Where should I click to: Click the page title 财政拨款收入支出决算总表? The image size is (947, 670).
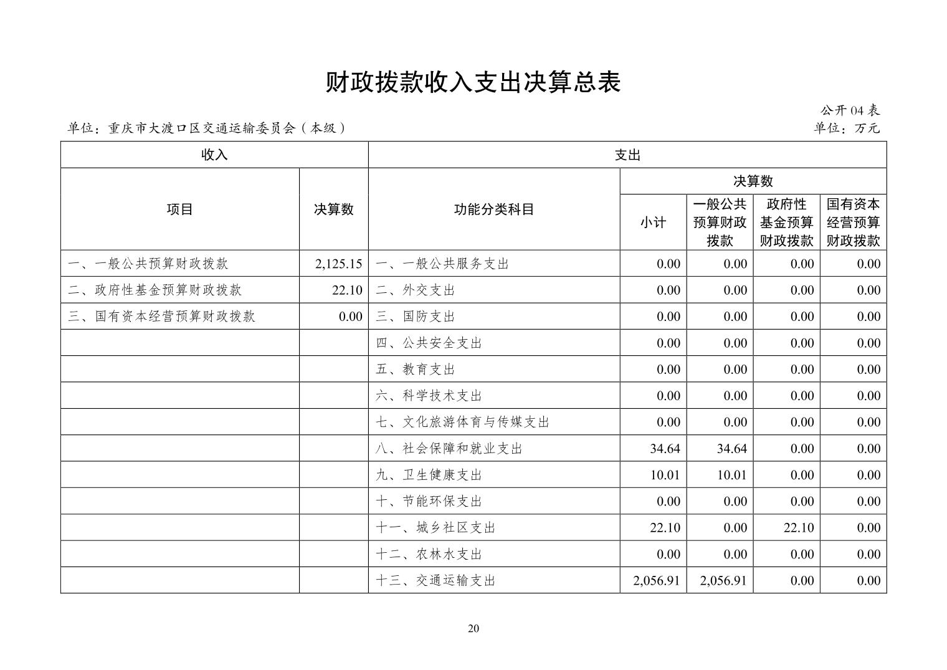tap(473, 82)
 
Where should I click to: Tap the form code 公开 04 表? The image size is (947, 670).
tap(849, 110)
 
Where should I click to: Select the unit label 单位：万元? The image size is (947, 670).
tap(847, 128)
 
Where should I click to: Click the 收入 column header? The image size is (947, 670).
tap(214, 155)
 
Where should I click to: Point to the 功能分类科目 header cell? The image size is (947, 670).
tap(493, 209)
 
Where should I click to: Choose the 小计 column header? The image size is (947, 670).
tap(653, 223)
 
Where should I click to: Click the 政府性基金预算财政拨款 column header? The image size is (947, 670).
tap(786, 223)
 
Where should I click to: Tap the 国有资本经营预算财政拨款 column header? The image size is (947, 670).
tap(853, 223)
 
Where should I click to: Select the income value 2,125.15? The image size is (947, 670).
tap(338, 264)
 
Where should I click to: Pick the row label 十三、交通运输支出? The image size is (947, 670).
tap(435, 580)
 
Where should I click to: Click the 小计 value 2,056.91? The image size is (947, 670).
tap(656, 580)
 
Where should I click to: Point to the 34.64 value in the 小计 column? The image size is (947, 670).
tap(665, 448)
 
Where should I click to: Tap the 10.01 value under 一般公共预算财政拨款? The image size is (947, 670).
tap(731, 475)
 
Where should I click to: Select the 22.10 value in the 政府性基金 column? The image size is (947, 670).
tap(798, 527)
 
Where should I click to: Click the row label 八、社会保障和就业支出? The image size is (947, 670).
tap(449, 448)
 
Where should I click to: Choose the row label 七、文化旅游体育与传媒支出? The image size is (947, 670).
tap(462, 422)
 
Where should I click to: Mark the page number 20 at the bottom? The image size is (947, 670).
tap(473, 628)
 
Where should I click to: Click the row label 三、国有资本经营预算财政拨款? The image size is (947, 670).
tap(162, 316)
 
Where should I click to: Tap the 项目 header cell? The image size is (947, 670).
tap(179, 209)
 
